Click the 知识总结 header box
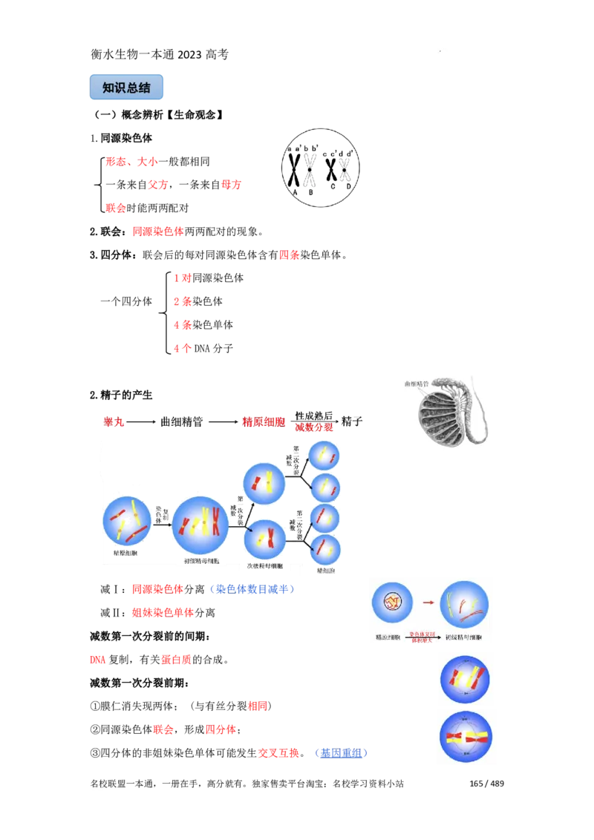point(127,87)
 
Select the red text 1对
point(182,278)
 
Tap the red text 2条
point(182,302)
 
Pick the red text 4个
point(182,349)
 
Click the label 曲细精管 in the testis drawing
point(417,384)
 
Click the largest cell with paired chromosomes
point(200,525)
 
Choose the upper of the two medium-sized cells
point(264,484)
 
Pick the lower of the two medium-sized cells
point(265,539)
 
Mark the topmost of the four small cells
point(324,456)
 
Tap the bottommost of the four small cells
point(325,549)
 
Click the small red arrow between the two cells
point(428,603)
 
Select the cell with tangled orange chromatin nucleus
point(391,602)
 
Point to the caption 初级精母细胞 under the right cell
point(464,637)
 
